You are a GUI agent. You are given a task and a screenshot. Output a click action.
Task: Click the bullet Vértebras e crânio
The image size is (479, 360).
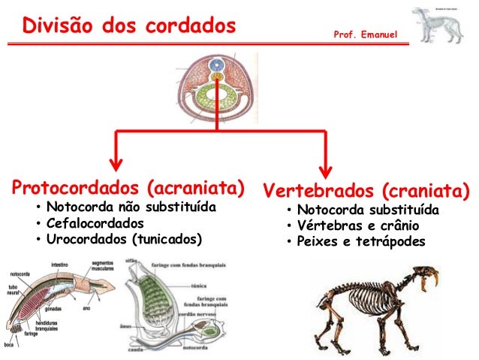coord(357,225)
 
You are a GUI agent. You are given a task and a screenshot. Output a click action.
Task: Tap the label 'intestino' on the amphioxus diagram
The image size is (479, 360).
coord(62,265)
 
